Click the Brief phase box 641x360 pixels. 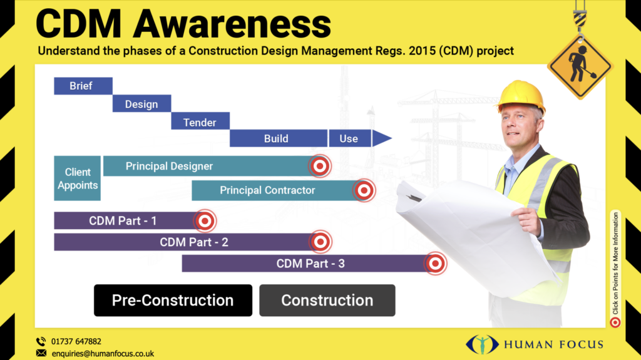click(x=83, y=86)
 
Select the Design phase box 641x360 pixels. click(x=141, y=104)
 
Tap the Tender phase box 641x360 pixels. click(x=200, y=121)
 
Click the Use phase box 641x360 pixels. click(x=349, y=138)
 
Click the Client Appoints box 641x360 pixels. click(x=78, y=178)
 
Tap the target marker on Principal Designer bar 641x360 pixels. click(x=320, y=166)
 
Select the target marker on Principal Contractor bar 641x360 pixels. click(x=364, y=190)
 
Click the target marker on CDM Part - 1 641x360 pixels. click(x=205, y=220)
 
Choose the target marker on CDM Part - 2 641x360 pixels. click(x=320, y=242)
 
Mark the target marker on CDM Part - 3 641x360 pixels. click(x=436, y=264)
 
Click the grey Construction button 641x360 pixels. click(x=327, y=301)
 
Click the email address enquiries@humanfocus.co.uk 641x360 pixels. click(x=103, y=353)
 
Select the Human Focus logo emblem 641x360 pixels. click(x=482, y=344)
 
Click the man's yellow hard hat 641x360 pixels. click(x=521, y=94)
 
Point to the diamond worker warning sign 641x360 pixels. click(x=579, y=64)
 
